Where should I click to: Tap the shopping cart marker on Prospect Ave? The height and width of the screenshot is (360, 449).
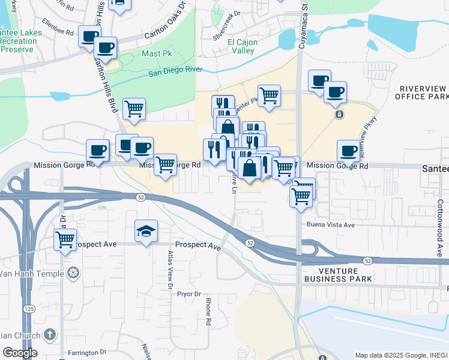(x=65, y=240)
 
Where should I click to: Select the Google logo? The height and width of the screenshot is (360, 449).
(x=20, y=353)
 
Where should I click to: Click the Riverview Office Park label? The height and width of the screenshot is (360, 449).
(x=423, y=92)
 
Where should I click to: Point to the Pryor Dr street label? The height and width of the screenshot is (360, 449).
(x=188, y=294)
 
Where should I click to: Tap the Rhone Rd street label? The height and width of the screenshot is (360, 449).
(x=208, y=311)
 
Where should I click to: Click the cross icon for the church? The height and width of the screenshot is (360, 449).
(x=50, y=334)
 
